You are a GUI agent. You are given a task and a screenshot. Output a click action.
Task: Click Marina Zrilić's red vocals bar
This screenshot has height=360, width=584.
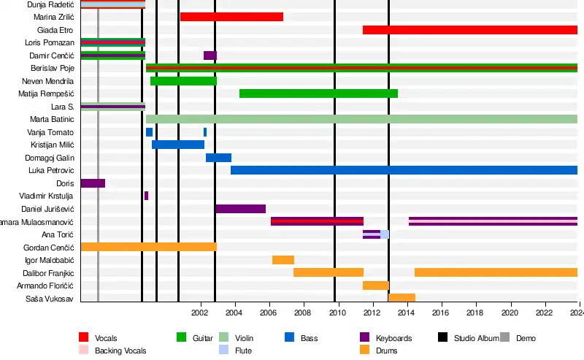click(x=231, y=17)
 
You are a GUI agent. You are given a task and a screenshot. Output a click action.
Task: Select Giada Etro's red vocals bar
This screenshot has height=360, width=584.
click(x=469, y=30)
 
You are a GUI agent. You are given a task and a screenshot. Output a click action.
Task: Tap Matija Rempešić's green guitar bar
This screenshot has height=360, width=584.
click(x=318, y=93)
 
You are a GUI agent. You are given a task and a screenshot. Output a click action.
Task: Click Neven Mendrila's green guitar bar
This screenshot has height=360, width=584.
click(x=183, y=81)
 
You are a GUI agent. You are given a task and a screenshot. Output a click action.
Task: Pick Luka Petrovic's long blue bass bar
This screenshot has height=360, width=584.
click(x=404, y=170)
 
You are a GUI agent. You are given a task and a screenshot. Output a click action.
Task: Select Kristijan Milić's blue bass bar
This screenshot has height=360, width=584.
click(x=178, y=145)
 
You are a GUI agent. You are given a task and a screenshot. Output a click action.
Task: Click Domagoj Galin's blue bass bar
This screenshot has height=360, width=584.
click(x=218, y=158)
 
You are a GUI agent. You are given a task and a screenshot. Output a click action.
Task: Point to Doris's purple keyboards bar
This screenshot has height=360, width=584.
click(x=93, y=183)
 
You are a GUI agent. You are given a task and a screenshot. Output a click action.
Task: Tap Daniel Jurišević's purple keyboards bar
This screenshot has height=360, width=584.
click(x=240, y=209)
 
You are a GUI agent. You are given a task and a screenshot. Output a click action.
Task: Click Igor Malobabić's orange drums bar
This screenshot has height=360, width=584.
click(x=283, y=260)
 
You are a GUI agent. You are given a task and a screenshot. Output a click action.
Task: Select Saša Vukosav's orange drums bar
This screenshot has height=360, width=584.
click(x=401, y=298)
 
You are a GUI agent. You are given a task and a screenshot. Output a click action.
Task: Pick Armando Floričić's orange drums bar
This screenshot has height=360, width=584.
click(x=375, y=286)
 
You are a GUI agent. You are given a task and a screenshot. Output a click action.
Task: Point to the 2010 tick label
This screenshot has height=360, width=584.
click(x=337, y=313)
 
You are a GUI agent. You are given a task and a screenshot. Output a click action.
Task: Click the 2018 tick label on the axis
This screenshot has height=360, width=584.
click(x=474, y=313)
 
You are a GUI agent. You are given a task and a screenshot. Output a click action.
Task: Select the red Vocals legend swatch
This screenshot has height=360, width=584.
click(x=84, y=337)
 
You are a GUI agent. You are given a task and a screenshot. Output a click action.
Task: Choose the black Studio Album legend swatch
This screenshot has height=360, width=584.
click(x=442, y=337)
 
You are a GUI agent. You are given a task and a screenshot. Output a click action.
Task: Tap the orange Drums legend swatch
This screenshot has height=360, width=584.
click(x=366, y=351)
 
